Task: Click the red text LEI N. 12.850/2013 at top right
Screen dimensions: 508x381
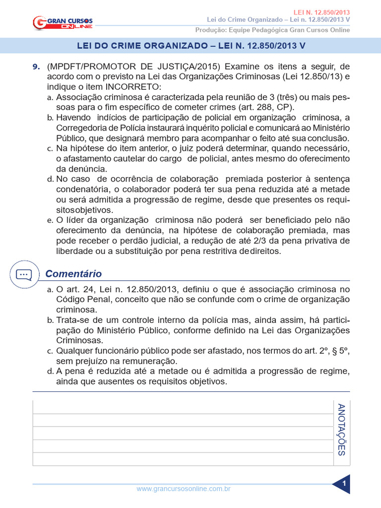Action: pyautogui.click(x=325, y=11)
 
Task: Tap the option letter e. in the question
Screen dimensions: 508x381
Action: pyautogui.click(x=50, y=220)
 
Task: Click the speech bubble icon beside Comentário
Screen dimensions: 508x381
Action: pyautogui.click(x=23, y=274)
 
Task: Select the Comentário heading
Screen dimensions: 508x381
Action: pyautogui.click(x=73, y=274)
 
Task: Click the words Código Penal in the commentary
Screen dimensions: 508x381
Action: pyautogui.click(x=79, y=300)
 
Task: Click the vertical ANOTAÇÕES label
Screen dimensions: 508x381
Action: pyautogui.click(x=341, y=430)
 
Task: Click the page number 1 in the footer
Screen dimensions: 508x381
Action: pyautogui.click(x=343, y=483)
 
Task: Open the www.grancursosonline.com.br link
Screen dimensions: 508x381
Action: pyautogui.click(x=183, y=489)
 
